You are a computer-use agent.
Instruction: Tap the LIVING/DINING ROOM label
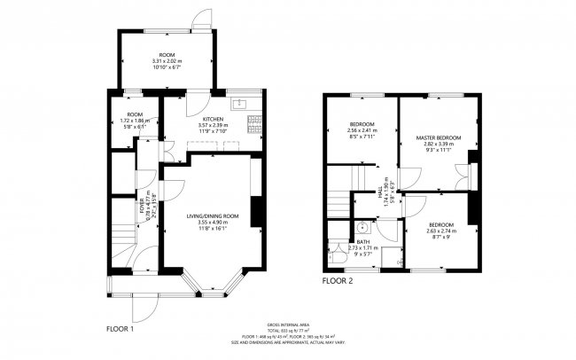(x=213, y=216)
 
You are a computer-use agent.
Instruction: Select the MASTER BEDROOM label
(x=440, y=139)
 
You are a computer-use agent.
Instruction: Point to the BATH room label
(x=363, y=241)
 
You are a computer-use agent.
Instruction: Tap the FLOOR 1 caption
(x=120, y=328)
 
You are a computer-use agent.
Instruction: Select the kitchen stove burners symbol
(x=255, y=124)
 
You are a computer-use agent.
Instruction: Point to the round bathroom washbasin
(x=364, y=225)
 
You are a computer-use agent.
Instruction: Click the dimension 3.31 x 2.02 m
(x=167, y=61)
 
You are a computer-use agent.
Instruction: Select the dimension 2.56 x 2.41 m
(x=362, y=131)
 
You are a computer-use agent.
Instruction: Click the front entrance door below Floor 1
(x=139, y=307)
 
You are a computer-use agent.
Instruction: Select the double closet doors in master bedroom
(x=462, y=177)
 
